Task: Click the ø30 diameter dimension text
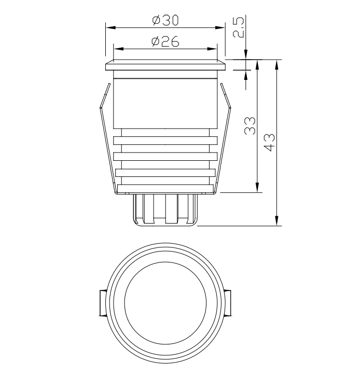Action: (x=165, y=20)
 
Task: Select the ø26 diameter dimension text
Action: (x=165, y=41)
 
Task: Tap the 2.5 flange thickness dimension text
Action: (x=239, y=27)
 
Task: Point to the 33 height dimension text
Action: (x=250, y=126)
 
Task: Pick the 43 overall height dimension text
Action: (x=270, y=143)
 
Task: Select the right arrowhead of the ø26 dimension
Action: (x=212, y=49)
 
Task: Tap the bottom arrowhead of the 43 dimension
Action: (x=276, y=220)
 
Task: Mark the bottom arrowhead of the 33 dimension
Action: (x=257, y=187)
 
